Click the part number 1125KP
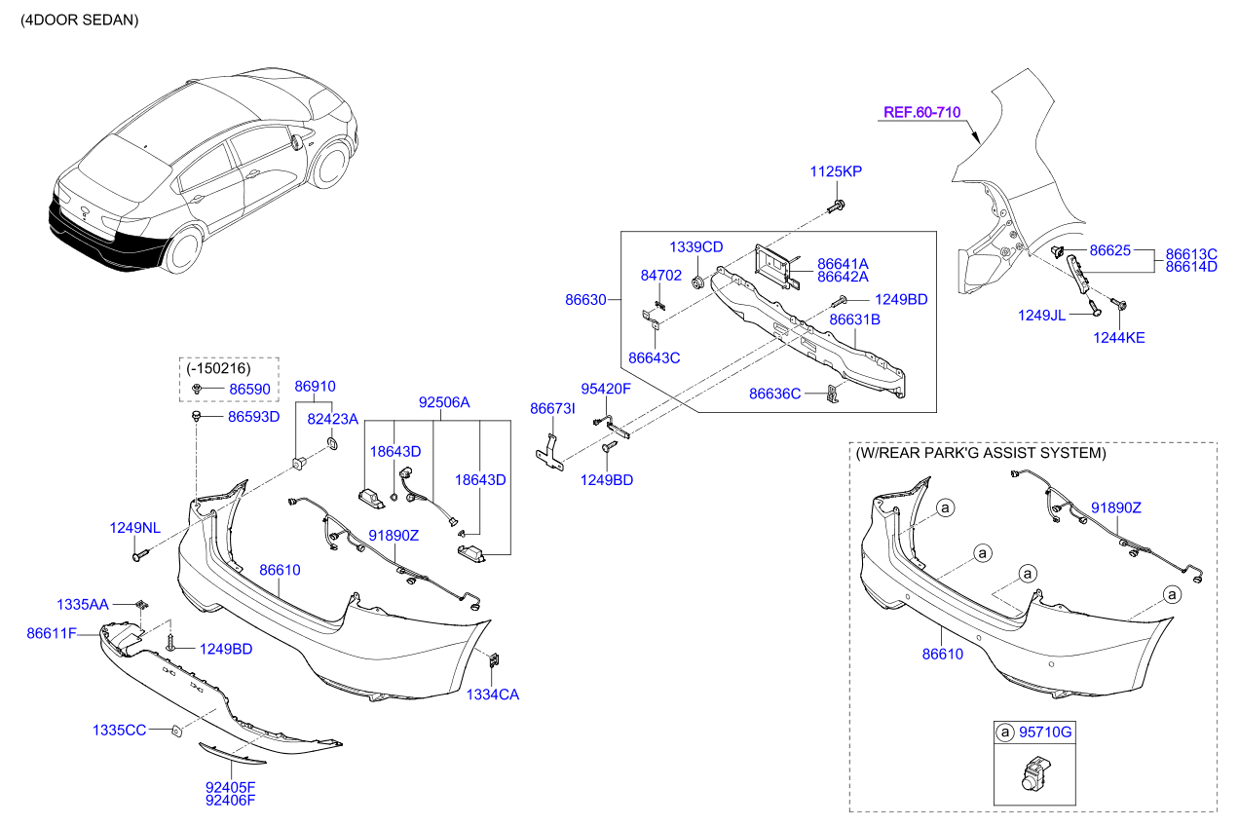[836, 171]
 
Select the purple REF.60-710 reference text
[920, 112]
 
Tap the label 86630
[585, 300]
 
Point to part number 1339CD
[695, 247]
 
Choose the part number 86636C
[774, 394]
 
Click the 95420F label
[606, 389]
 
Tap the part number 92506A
[444, 401]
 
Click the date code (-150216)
[218, 368]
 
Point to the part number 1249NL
[134, 528]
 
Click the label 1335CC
[119, 730]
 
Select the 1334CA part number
[492, 695]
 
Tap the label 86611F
[51, 634]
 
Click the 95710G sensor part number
[1044, 731]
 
